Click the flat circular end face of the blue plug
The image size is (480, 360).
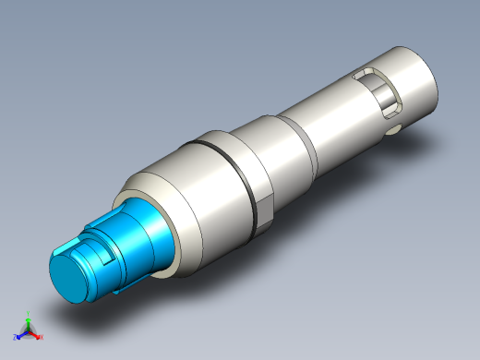[x=70, y=279]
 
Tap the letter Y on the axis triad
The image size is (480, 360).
[x=29, y=313]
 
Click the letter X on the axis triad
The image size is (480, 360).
[x=41, y=337]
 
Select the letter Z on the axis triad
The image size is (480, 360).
[x=16, y=337]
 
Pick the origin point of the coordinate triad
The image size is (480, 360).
[x=29, y=330]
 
